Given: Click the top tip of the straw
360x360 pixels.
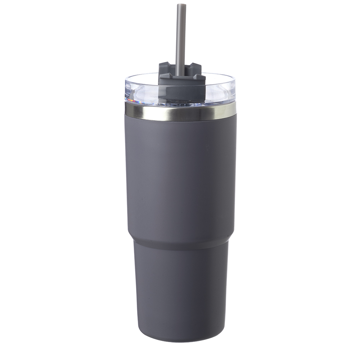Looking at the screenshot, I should click(x=181, y=5).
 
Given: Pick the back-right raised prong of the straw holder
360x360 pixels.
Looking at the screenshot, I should click(x=195, y=66).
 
